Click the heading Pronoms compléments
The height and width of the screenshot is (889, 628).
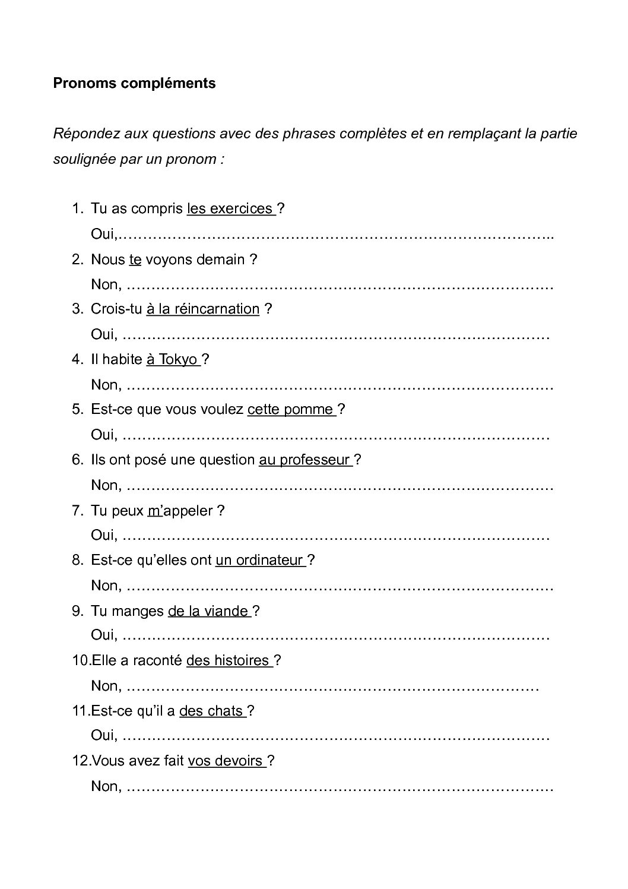click(134, 83)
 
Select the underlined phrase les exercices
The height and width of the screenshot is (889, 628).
click(230, 209)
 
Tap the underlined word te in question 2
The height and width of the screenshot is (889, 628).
click(135, 260)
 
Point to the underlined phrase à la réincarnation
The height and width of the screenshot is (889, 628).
click(202, 309)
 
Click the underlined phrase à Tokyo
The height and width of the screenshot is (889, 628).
click(173, 359)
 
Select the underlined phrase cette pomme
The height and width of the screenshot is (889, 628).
click(291, 410)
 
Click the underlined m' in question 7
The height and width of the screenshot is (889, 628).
click(154, 511)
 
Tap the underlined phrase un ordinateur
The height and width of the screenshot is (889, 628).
click(260, 560)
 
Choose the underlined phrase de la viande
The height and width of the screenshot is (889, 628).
click(209, 611)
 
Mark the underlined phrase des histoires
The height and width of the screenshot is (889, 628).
click(229, 660)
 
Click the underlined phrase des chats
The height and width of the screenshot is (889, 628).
click(211, 711)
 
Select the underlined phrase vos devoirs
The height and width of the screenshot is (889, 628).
click(226, 761)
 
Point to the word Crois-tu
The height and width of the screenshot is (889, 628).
click(116, 309)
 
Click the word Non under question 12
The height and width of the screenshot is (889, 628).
click(105, 787)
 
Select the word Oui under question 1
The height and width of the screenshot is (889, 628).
click(104, 235)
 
